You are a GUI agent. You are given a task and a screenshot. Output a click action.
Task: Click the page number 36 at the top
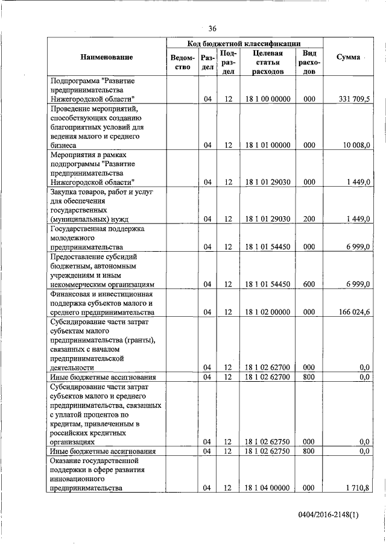coord(212,28)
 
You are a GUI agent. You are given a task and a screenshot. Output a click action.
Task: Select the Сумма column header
coord(348,57)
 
